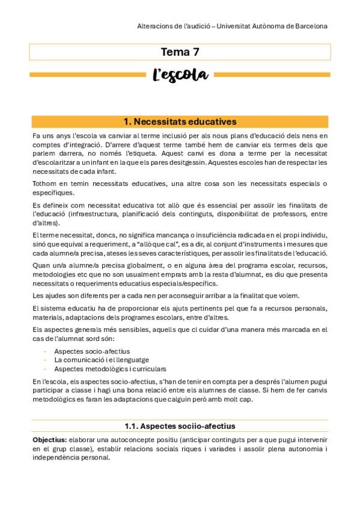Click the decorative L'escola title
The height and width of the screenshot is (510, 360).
(180, 75)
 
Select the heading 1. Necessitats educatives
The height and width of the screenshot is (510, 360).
(180, 122)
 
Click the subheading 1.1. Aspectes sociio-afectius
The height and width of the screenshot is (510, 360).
(180, 426)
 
